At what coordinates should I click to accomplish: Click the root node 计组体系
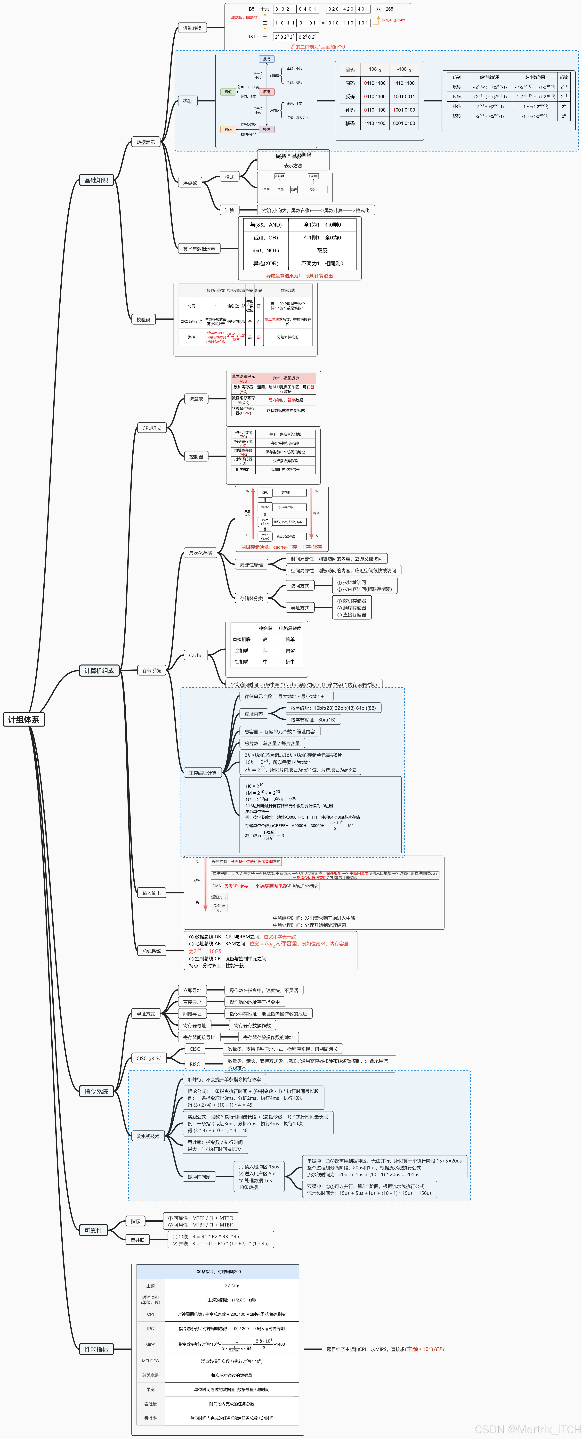tap(24, 719)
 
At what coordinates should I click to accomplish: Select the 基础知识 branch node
tap(96, 180)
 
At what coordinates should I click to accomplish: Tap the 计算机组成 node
tap(99, 670)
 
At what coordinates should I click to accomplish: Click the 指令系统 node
tap(96, 1091)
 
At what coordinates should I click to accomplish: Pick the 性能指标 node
tap(96, 1349)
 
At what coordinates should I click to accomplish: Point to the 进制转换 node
tap(192, 28)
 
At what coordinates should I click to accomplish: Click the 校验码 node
tap(144, 319)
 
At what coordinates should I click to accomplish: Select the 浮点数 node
tap(190, 183)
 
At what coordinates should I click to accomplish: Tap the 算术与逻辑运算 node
tap(199, 249)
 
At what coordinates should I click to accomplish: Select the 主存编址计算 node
tap(202, 773)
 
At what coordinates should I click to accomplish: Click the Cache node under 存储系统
tap(195, 655)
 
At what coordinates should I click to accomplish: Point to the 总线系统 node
tap(151, 951)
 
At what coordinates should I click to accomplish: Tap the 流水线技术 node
tap(148, 1136)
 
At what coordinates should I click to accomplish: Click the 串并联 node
tap(137, 1240)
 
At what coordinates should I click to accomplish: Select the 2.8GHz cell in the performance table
tap(232, 1286)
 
